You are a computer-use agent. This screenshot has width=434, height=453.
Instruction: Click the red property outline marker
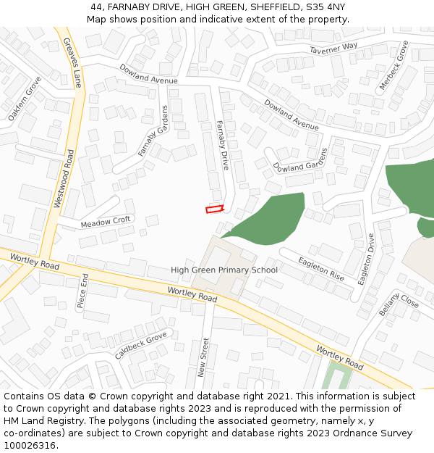click(215, 209)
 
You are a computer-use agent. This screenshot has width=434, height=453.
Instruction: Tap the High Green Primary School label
click(224, 270)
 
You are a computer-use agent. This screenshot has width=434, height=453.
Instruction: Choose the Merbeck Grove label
click(393, 65)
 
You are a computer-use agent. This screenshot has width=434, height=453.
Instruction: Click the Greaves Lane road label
click(72, 62)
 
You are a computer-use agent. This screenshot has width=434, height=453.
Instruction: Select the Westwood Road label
click(64, 179)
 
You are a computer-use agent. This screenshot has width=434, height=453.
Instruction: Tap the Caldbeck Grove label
click(141, 346)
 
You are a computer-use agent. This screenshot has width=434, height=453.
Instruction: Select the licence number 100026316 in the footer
click(30, 446)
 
